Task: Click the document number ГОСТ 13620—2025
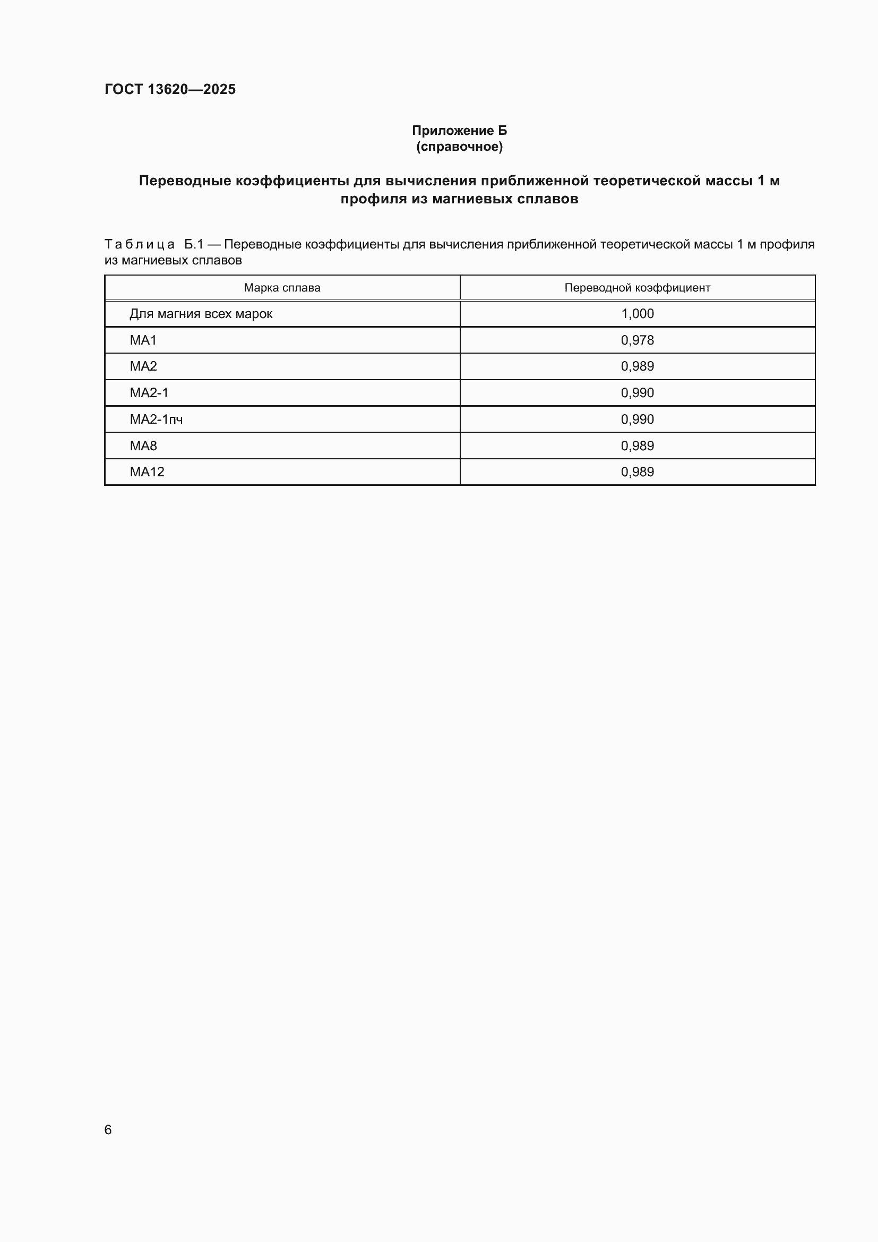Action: (170, 89)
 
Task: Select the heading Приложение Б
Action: (459, 131)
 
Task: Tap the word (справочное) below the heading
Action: (459, 147)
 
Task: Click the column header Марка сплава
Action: (282, 288)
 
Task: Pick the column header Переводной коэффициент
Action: (637, 288)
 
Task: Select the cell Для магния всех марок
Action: (201, 314)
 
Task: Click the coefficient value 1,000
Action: (637, 314)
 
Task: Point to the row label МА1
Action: (143, 340)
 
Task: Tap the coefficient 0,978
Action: (637, 340)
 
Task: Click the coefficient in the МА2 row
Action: (637, 366)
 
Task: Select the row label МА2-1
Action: (149, 393)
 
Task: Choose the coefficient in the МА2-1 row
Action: (637, 393)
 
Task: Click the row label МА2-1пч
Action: (156, 419)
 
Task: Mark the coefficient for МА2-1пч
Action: (637, 419)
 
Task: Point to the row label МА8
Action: (143, 446)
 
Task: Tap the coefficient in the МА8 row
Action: (637, 446)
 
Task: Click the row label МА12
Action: (147, 472)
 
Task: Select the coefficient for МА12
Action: (637, 472)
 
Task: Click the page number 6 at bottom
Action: (108, 1129)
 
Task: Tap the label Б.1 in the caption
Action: (194, 244)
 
